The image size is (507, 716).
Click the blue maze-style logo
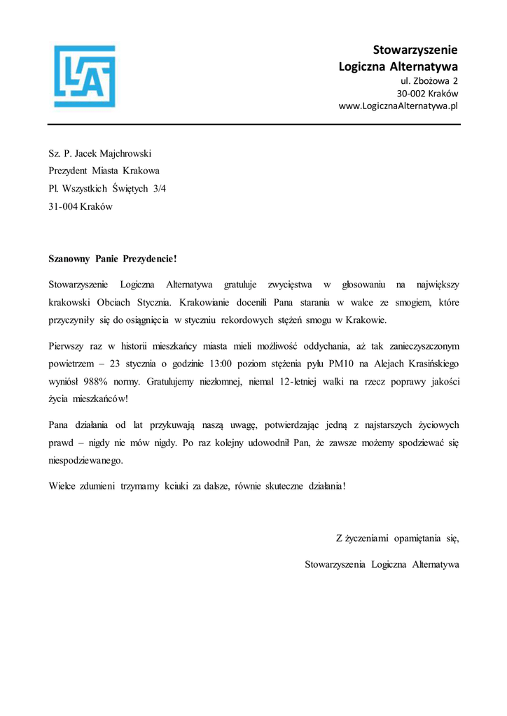[x=85, y=76]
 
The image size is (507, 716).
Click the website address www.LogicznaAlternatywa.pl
[x=398, y=106]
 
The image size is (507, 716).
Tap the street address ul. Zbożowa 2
[x=429, y=80]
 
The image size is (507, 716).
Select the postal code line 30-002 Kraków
[x=427, y=93]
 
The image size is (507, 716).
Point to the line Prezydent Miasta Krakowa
[x=104, y=171]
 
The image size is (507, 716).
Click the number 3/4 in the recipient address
[x=160, y=189]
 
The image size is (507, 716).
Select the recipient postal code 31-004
[x=62, y=207]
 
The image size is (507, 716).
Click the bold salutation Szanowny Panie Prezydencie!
[x=113, y=259]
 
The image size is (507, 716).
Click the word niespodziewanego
[x=85, y=461]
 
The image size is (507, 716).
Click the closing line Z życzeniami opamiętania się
[x=397, y=538]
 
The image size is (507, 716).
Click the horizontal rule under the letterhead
[x=253, y=124]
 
